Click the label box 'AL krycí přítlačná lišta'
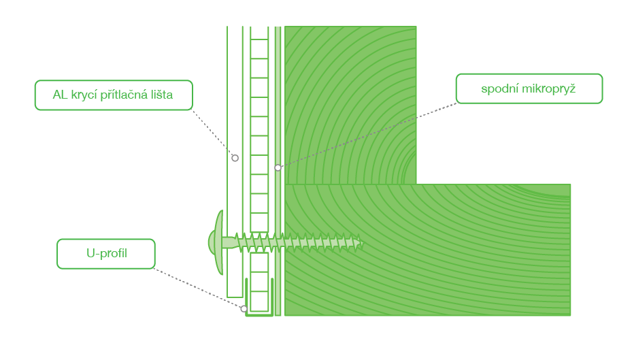114,95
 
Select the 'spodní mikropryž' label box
529,88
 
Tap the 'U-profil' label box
106,254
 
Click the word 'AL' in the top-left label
60,95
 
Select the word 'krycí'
84,95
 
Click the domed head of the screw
218,242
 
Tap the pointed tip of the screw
362,244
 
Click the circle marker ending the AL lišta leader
235,158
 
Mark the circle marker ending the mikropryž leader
278,167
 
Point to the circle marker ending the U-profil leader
244,309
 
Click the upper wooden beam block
350,105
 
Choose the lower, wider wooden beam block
428,250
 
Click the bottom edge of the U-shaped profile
260,314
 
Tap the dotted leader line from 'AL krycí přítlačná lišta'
212,133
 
